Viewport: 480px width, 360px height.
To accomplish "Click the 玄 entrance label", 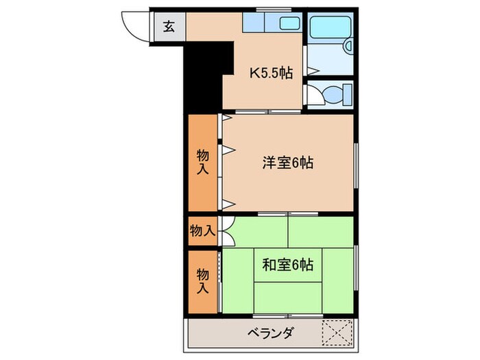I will (169, 27).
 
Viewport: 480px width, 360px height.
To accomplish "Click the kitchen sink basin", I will (289, 24).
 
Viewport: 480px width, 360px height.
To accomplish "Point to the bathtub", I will (329, 27).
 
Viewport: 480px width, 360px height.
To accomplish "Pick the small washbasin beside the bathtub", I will (348, 46).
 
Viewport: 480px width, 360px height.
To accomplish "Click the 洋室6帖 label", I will (287, 163).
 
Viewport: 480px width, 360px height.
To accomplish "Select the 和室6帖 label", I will (287, 265).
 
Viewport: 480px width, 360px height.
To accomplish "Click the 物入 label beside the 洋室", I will (203, 163).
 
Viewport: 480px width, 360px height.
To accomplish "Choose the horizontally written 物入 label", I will (203, 231).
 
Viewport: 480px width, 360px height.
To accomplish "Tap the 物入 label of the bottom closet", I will (203, 280).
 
